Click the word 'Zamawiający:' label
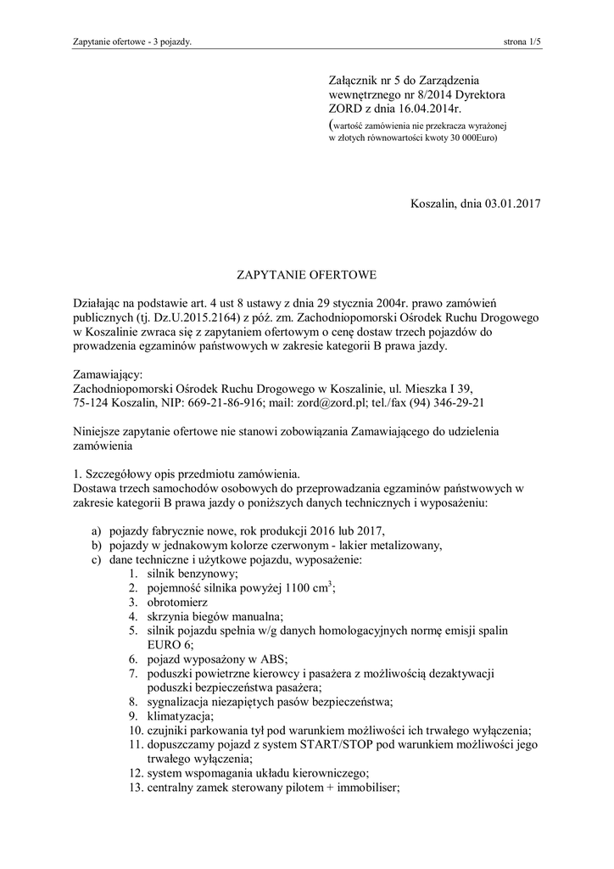tap(109, 374)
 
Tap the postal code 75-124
tap(92, 403)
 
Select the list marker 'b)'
tap(97, 545)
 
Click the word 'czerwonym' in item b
tap(287, 545)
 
